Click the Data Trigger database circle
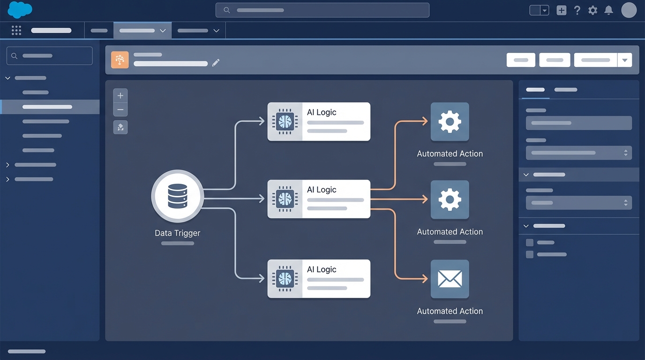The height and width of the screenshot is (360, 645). [x=177, y=196]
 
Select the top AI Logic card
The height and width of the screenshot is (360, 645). [x=319, y=121]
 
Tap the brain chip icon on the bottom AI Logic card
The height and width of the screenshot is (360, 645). [x=285, y=279]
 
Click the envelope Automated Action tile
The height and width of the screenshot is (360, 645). [x=450, y=279]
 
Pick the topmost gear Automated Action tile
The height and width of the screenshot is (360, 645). [x=450, y=122]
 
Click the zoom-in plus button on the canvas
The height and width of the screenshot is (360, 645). [x=120, y=96]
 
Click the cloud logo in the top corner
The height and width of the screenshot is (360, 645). [x=20, y=10]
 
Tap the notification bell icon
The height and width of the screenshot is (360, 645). [x=608, y=10]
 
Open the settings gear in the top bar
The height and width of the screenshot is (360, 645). [x=592, y=10]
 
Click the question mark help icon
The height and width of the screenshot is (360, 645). [x=577, y=10]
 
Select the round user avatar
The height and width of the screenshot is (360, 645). [x=629, y=10]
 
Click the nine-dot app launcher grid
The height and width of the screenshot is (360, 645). [x=16, y=30]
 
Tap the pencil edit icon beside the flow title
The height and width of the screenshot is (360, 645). [x=216, y=63]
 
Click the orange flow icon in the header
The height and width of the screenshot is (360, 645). [x=120, y=60]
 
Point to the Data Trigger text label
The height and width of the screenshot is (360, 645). [x=177, y=233]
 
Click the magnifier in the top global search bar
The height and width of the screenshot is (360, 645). [x=227, y=10]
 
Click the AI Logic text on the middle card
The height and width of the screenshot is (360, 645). [x=322, y=190]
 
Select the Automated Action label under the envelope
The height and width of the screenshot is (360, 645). [x=450, y=311]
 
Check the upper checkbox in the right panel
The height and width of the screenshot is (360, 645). [x=530, y=242]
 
